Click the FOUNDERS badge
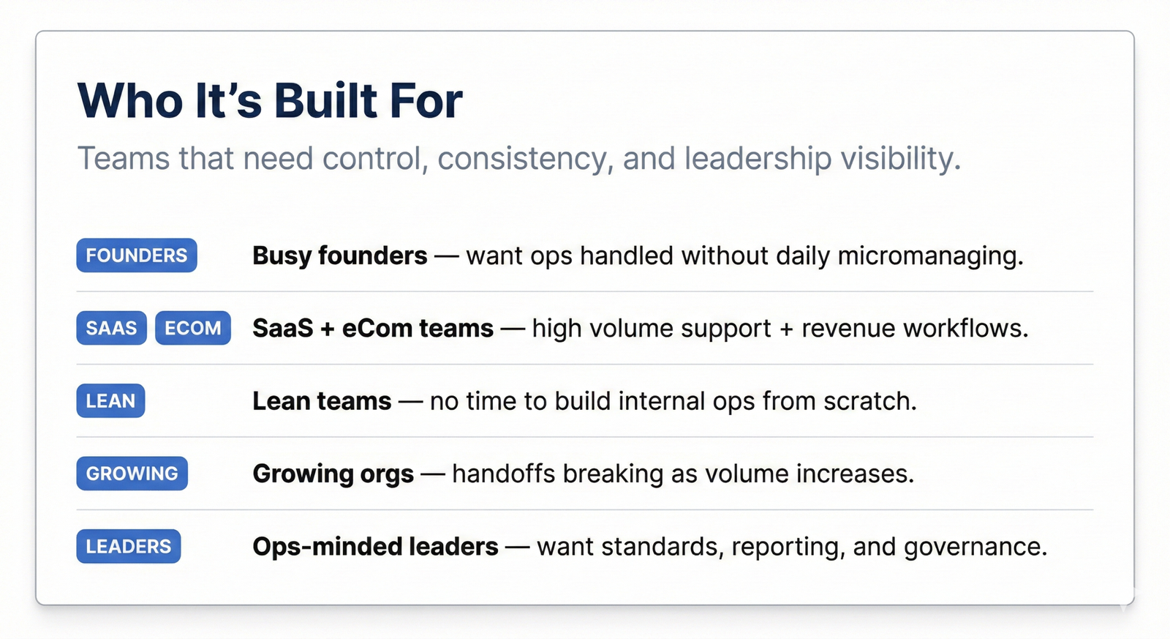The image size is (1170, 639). [137, 255]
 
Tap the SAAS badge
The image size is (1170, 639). [111, 328]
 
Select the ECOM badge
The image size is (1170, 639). [193, 328]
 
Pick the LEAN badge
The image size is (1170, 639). [110, 400]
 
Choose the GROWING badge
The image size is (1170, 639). [132, 474]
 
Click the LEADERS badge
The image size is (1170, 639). [129, 546]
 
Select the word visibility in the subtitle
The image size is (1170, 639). [900, 158]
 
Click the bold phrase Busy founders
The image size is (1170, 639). [339, 255]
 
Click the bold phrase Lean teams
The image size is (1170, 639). [322, 401]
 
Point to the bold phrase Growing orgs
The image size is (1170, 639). [333, 474]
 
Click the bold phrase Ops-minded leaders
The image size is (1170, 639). [376, 547]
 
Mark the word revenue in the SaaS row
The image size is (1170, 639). [848, 329]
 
